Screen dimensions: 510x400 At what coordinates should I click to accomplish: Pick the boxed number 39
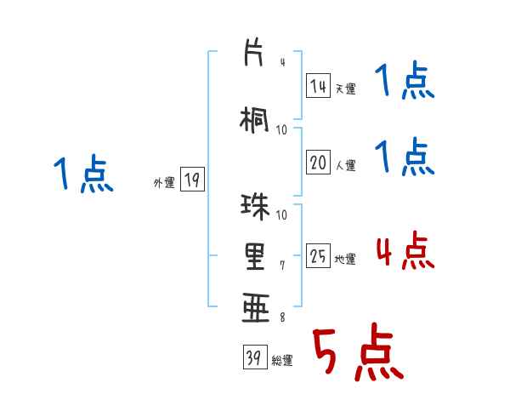tap(253, 358)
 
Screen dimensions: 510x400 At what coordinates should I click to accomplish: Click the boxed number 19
tap(191, 180)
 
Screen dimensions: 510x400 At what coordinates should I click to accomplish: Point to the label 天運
tap(345, 89)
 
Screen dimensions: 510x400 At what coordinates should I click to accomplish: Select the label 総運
tap(282, 361)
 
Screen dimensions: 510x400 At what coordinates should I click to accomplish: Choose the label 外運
tap(164, 182)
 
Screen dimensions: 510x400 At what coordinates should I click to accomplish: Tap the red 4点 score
tap(405, 252)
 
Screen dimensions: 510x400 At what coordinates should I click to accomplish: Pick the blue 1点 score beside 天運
tap(405, 84)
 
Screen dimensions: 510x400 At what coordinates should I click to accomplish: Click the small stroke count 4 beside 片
tap(282, 62)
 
